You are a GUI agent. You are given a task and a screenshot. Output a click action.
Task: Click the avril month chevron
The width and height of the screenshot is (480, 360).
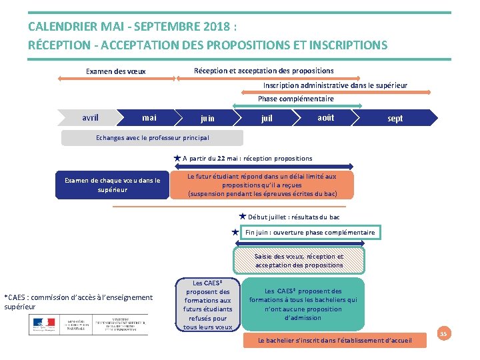pos(90,118)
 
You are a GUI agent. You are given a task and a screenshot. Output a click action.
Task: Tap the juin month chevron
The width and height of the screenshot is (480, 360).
pos(207,119)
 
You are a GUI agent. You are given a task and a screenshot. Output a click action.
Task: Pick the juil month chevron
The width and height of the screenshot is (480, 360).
pos(267,119)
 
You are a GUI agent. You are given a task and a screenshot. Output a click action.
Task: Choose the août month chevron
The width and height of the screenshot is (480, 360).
pos(325,118)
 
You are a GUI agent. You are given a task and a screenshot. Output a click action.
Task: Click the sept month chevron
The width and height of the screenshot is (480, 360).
pos(395,119)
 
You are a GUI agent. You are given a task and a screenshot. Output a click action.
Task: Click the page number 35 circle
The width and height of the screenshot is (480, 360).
pos(443,332)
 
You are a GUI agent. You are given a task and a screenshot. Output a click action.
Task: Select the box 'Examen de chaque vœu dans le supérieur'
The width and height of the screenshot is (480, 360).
pos(112,185)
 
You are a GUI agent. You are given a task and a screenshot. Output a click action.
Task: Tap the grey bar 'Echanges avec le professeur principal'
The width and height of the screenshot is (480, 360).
pos(152,138)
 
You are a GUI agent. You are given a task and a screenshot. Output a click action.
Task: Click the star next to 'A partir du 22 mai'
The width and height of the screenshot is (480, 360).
pos(177,159)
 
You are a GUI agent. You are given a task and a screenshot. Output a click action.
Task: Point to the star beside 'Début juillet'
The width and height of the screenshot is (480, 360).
pos(243,217)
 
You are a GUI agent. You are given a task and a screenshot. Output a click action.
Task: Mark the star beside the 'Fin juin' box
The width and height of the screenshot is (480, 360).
pos(235,233)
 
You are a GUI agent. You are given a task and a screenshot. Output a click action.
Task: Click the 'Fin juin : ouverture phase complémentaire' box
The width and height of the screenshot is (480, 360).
pos(310,233)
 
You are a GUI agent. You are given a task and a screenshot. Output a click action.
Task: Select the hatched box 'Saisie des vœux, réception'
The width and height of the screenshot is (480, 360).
pos(299,261)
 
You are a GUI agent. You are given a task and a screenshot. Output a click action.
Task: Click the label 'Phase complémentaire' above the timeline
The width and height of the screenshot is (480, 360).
pos(296,99)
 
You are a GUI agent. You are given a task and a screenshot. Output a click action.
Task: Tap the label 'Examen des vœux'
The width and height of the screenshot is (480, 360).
pos(116,71)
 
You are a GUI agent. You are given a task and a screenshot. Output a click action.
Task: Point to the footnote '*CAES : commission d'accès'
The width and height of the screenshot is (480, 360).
pos(78,302)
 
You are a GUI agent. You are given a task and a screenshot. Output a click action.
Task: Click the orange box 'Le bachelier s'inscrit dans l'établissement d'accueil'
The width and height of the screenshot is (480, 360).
pos(335,341)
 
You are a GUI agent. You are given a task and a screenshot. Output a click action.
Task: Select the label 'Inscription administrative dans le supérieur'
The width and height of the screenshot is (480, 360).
pos(335,85)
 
